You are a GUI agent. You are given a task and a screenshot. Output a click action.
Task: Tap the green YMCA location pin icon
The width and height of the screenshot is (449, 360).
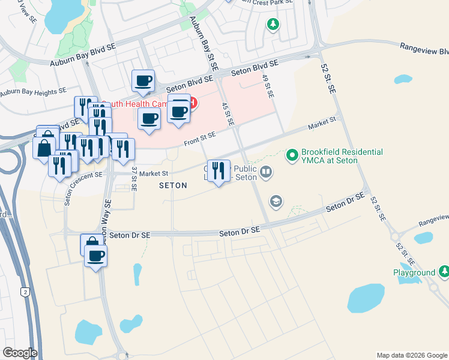click(x=292, y=155)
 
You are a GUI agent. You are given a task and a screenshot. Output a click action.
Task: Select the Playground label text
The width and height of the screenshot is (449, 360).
click(x=414, y=272)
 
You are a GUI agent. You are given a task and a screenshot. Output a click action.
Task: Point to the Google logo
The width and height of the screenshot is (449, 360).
click(x=19, y=353)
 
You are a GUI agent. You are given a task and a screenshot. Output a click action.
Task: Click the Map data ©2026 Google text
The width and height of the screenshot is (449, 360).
click(x=412, y=355)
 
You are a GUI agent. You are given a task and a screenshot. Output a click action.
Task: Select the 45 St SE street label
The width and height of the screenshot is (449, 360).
click(x=228, y=114)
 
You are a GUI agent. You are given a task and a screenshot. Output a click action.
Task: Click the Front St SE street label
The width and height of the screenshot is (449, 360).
click(x=200, y=137)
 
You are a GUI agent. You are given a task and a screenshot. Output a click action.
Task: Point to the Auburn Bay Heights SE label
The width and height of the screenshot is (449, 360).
click(x=33, y=92)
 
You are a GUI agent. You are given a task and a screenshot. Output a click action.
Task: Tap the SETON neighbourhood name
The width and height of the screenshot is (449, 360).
click(x=173, y=186)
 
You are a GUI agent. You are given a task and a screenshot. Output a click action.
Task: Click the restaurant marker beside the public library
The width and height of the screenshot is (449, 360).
click(x=218, y=170)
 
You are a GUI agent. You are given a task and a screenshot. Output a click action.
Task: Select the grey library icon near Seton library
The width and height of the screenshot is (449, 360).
click(x=266, y=173)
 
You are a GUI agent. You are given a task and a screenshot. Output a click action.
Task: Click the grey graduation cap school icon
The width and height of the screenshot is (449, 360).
click(x=276, y=200)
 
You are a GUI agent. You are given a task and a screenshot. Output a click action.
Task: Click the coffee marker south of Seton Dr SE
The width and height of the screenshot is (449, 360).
click(x=95, y=256)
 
